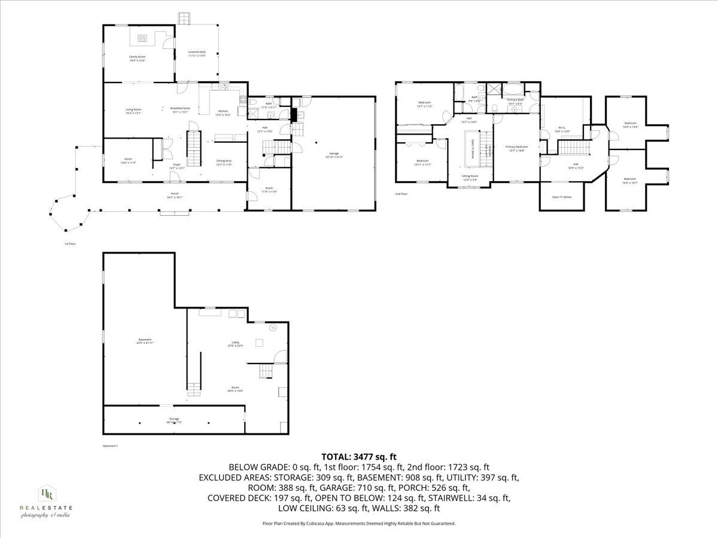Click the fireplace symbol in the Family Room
[142, 39]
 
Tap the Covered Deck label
[197, 54]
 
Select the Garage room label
[334, 156]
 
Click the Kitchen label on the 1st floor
[223, 112]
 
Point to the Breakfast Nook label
[180, 110]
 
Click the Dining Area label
[224, 162]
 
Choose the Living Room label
[133, 111]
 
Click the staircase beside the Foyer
[193, 150]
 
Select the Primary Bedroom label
[516, 148]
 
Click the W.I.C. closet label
[562, 129]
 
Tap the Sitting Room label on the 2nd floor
[470, 178]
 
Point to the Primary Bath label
[515, 102]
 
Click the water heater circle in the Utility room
[273, 327]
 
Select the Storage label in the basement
[174, 420]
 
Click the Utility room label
[235, 344]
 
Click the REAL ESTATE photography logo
[45, 501]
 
